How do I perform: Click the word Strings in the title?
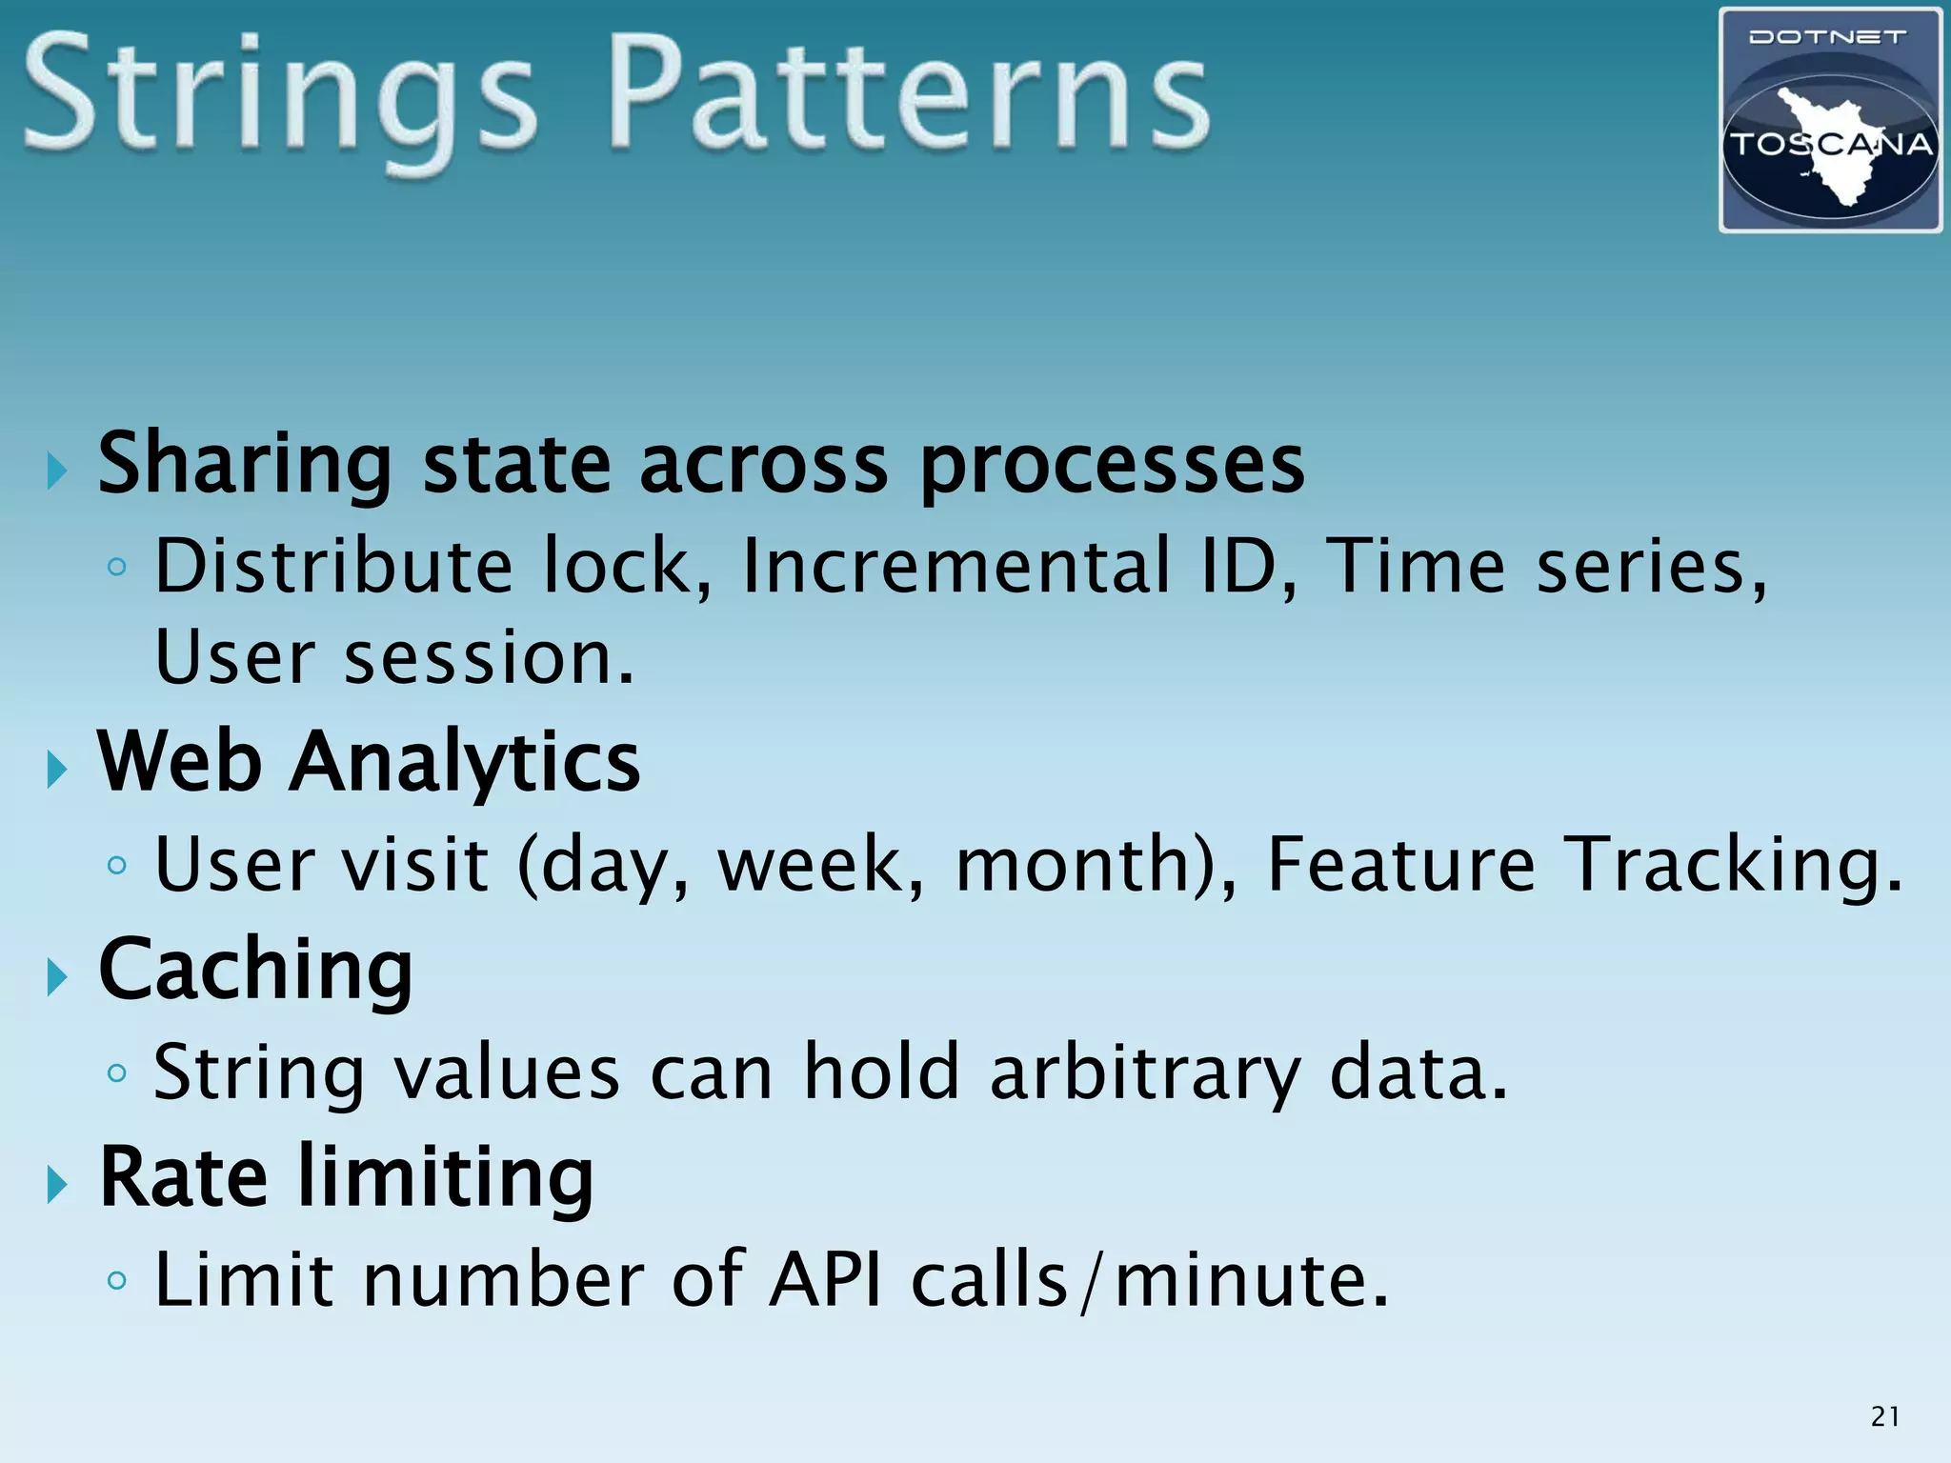(281, 100)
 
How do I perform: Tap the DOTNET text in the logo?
(1827, 38)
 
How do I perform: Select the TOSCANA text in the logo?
(1830, 145)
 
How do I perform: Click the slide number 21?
(1884, 1416)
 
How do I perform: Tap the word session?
(488, 658)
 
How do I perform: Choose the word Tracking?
(1733, 864)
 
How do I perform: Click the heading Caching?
(255, 971)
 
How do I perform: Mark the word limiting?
(446, 1178)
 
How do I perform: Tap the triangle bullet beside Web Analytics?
(58, 769)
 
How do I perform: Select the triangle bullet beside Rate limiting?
(58, 1185)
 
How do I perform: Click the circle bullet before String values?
(117, 1073)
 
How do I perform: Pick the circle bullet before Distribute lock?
(117, 568)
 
